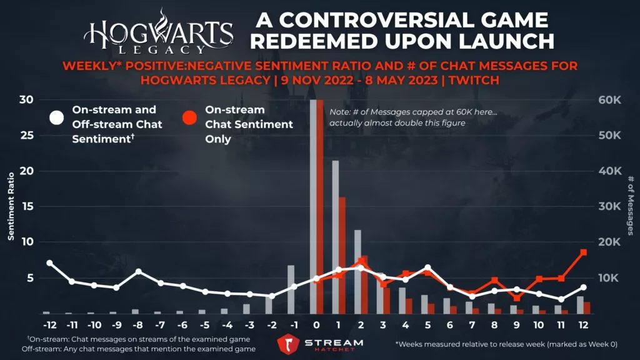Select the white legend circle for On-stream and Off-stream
point(57,117)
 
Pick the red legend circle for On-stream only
point(190,117)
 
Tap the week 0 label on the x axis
point(316,326)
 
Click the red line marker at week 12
point(583,252)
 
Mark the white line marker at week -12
point(49,263)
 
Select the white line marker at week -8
point(138,272)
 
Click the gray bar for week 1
point(336,237)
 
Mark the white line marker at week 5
point(428,267)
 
